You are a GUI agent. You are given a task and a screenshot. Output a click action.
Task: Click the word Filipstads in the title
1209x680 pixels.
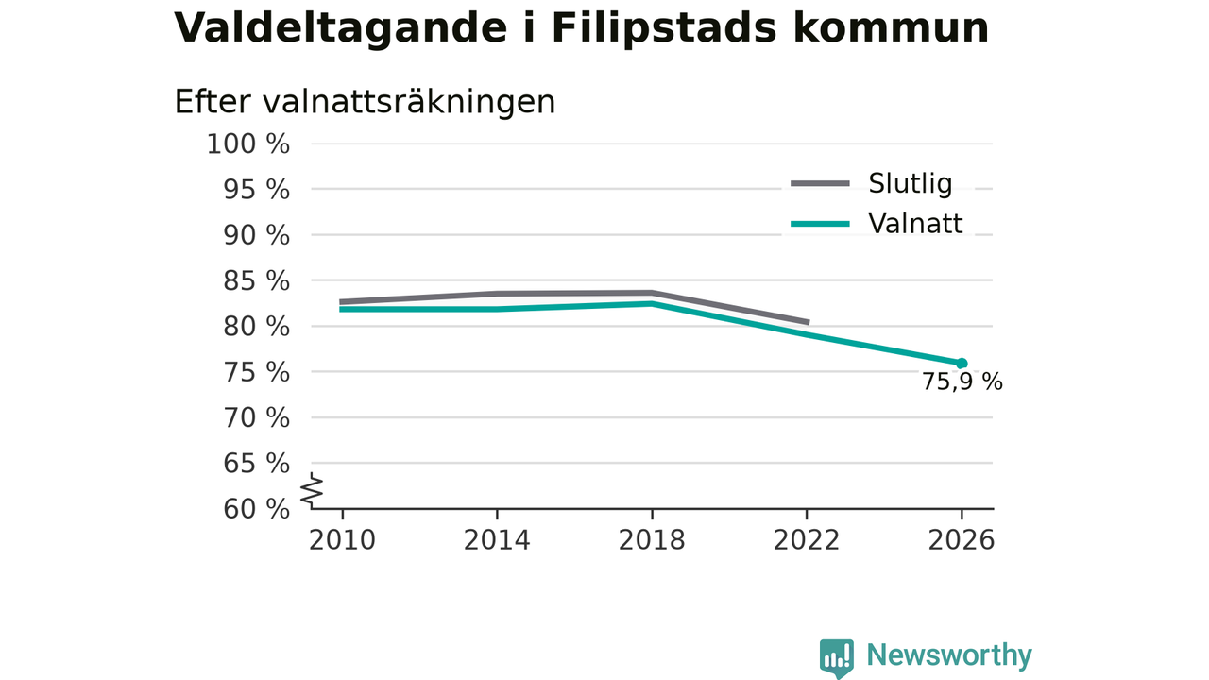664,28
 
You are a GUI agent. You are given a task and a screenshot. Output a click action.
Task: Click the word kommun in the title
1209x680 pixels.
891,28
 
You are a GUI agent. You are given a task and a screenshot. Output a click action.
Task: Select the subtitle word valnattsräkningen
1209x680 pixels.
409,103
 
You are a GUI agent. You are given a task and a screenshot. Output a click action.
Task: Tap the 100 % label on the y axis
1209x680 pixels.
248,144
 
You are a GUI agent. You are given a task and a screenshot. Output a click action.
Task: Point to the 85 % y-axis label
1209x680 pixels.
256,281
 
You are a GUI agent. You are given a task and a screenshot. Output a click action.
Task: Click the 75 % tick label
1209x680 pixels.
256,372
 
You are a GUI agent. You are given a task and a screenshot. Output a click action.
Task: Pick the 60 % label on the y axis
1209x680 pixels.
256,509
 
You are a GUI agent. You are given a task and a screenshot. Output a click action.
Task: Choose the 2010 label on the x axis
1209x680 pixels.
342,540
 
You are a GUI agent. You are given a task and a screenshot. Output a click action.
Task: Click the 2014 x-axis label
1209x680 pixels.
497,540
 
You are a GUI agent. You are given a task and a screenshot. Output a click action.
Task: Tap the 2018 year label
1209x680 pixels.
652,540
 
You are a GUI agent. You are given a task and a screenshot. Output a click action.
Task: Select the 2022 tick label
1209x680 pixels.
807,540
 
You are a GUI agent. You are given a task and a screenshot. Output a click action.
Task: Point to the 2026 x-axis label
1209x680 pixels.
961,540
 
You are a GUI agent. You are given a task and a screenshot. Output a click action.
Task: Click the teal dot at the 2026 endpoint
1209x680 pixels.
962,364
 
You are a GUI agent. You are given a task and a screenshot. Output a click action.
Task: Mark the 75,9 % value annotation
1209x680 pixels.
962,382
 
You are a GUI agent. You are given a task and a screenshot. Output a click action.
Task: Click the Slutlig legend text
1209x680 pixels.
910,183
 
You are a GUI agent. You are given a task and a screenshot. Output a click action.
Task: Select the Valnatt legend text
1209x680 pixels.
915,224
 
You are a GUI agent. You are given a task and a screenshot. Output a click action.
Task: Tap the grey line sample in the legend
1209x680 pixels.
821,184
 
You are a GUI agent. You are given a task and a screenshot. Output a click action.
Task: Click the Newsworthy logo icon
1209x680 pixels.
837,657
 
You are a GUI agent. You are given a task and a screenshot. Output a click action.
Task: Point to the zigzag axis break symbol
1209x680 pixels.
312,490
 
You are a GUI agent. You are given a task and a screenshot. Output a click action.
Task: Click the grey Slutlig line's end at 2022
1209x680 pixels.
809,322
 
